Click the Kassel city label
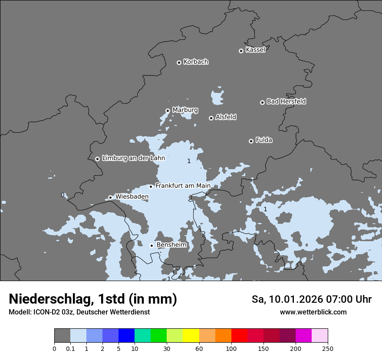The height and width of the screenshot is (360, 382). point(255,50)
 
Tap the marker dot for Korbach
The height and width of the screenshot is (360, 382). point(179,62)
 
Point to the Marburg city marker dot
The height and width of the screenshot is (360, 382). point(168,111)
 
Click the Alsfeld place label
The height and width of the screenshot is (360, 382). point(226,117)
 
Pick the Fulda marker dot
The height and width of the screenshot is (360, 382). point(251,141)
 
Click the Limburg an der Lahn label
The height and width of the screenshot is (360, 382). point(133,158)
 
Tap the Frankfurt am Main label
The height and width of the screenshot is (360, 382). point(183,186)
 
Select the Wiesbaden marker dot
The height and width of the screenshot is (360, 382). point(110,197)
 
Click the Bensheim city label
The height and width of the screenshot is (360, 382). point(171,245)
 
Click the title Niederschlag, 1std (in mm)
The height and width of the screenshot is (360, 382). point(93,299)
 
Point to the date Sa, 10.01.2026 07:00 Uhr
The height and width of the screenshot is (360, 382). point(311,299)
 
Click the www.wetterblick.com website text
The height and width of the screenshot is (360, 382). point(313,312)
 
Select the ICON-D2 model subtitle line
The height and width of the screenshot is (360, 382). point(79,312)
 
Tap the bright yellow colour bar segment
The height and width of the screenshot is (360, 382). point(191,336)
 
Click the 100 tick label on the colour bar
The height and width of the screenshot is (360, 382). point(231,348)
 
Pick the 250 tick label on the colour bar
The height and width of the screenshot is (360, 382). point(327,348)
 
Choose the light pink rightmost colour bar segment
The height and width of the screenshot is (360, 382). point(319,336)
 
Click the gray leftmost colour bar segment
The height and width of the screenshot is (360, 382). point(62,336)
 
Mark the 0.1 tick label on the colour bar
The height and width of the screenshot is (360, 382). point(70,348)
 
